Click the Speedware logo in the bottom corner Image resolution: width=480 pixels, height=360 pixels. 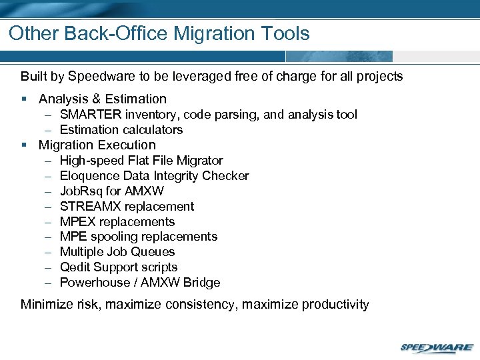(437, 347)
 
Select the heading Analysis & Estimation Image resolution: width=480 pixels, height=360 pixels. (102, 99)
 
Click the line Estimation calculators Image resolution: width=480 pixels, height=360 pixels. (121, 129)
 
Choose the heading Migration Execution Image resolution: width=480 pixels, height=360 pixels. (97, 145)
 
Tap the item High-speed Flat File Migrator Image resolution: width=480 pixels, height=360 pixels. (141, 161)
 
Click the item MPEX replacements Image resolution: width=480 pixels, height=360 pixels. (117, 222)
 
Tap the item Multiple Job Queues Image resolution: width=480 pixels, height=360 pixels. (117, 252)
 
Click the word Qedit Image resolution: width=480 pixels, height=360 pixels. (75, 267)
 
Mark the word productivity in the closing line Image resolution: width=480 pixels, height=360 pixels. (335, 305)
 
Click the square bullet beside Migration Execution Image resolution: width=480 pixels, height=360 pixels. (24, 145)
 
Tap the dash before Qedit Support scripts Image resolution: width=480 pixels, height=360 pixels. (49, 267)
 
